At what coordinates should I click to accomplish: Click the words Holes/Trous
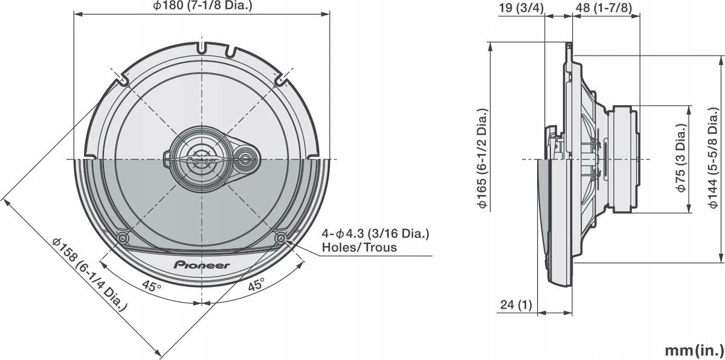(359, 247)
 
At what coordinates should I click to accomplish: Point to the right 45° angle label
(256, 285)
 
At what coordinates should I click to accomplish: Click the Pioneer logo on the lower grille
(202, 265)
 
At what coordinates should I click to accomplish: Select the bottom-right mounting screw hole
(280, 237)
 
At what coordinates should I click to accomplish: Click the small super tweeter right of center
(246, 159)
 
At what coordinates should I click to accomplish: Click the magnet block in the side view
(624, 159)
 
